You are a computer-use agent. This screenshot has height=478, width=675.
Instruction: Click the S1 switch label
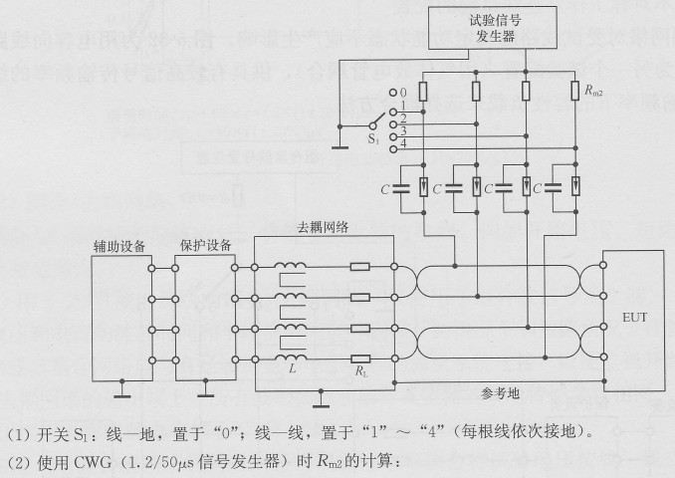[x=374, y=141]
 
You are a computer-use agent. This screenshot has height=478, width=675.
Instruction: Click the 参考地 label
[x=499, y=393]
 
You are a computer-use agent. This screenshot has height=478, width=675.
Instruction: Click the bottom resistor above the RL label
[x=361, y=358]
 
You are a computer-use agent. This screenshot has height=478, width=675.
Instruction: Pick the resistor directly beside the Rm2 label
[x=575, y=93]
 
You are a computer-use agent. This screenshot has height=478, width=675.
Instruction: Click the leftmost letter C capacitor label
[x=383, y=186]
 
